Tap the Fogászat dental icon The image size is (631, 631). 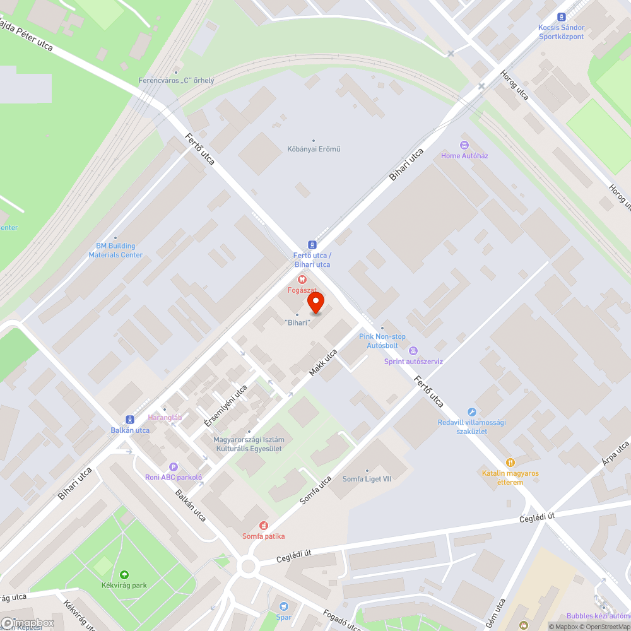coord(302,279)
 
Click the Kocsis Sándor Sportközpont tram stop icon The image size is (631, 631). coord(561,17)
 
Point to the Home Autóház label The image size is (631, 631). coord(464,155)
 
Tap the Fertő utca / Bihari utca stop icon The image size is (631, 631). coord(312,244)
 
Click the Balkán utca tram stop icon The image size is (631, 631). coord(130,419)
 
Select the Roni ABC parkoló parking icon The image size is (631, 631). coord(173,467)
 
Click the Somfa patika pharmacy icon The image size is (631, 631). coord(264,525)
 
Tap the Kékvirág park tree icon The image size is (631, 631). coord(124,574)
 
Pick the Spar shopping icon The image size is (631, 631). coord(283,606)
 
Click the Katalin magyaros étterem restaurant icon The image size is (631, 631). coord(511,463)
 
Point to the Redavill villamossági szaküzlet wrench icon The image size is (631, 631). coord(472,412)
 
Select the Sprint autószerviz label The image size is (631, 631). coord(413,362)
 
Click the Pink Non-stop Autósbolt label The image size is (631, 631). coord(382,341)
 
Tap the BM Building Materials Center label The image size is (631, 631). coord(115,251)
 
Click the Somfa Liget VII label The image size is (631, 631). coord(367,479)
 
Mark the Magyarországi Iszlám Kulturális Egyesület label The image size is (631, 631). coord(247,444)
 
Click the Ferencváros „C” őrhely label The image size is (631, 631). coord(176,81)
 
